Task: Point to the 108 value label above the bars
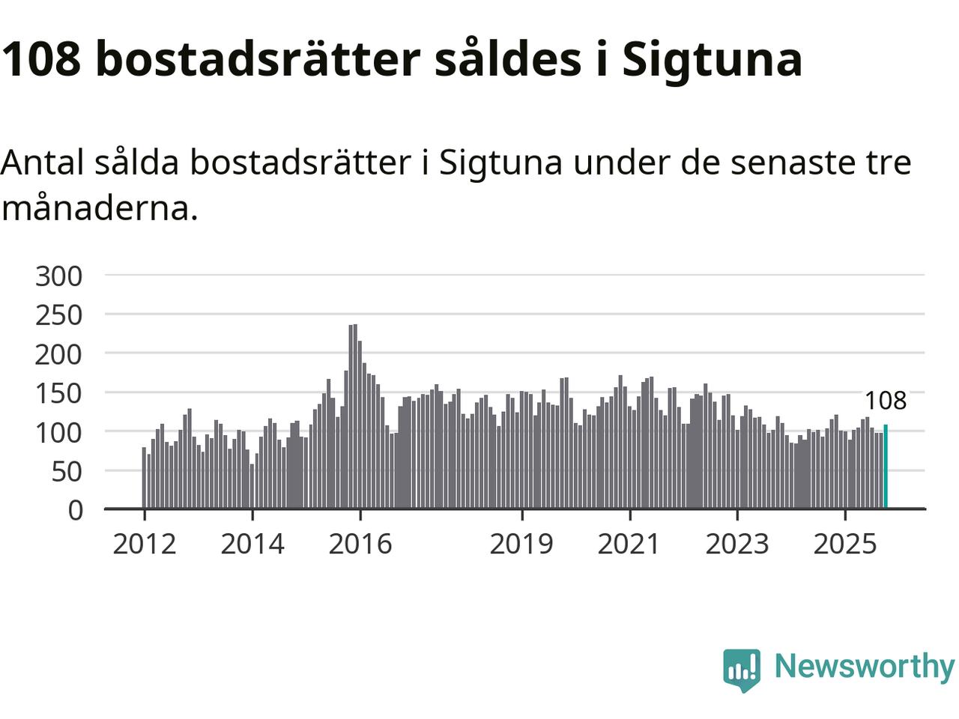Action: [886, 401]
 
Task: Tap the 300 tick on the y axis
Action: [58, 276]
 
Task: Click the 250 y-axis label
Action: [58, 315]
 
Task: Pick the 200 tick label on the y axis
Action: [58, 354]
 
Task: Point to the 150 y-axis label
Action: [58, 393]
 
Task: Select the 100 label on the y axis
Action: [58, 432]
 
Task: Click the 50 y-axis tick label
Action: [67, 471]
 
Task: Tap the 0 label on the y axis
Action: [75, 510]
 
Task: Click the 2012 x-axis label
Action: [145, 544]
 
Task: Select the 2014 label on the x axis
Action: [252, 544]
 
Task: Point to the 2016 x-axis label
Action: [360, 544]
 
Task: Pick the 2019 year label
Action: [521, 544]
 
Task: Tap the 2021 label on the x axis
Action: [629, 544]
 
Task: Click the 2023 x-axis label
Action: [737, 544]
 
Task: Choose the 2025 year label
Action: [845, 544]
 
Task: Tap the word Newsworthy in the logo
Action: [864, 666]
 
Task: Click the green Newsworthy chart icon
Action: [742, 668]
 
